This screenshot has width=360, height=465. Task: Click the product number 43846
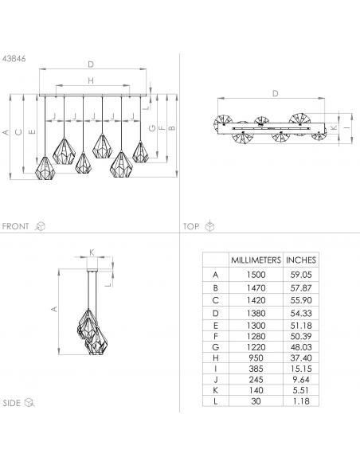pos(14,59)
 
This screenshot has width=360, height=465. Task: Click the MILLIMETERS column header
pos(256,260)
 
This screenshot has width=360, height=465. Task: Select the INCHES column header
pos(301,260)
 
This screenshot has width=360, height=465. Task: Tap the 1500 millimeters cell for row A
pos(256,275)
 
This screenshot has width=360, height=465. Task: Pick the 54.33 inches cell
pos(301,313)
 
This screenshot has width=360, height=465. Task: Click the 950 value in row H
pos(256,358)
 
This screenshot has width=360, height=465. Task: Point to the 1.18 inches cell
pos(301,401)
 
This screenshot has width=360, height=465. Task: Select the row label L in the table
pos(216,401)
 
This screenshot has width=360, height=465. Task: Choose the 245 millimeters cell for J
pos(256,380)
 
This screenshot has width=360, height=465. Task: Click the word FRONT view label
pos(15,226)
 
